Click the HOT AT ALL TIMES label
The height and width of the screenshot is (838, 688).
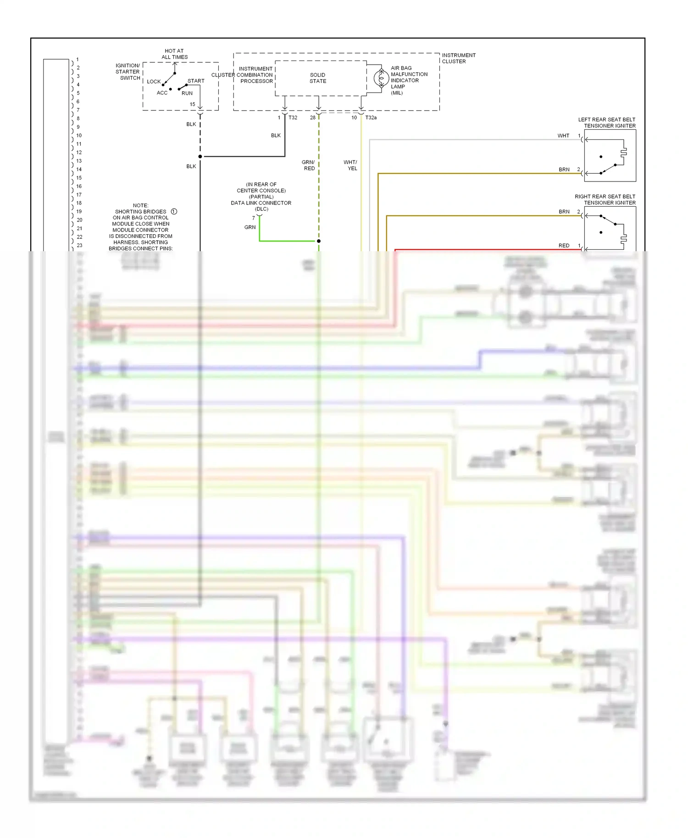(x=174, y=54)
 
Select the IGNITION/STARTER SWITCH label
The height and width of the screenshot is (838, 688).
(x=128, y=72)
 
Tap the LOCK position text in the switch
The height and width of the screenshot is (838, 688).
(x=154, y=82)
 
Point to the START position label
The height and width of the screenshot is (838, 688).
(x=196, y=81)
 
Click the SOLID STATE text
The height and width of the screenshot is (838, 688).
(x=318, y=78)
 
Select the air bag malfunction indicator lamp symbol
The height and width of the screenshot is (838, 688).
(x=381, y=78)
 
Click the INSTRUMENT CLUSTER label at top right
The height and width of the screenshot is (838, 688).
(x=458, y=58)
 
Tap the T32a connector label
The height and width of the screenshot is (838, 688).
(x=371, y=118)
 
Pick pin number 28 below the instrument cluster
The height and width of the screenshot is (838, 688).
(x=313, y=118)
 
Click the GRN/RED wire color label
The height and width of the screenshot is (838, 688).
(x=308, y=165)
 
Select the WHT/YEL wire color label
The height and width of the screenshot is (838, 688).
(x=350, y=165)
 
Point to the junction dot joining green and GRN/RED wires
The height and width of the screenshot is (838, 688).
(x=319, y=241)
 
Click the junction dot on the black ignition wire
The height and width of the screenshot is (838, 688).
(x=200, y=157)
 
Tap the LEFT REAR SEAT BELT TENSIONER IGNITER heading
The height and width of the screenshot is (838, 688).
(x=606, y=122)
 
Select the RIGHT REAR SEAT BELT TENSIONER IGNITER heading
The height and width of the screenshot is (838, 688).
(x=605, y=199)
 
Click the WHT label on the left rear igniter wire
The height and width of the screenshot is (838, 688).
(x=563, y=136)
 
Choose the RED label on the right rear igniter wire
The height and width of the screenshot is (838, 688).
(x=564, y=246)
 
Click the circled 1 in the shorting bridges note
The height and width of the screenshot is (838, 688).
(x=174, y=211)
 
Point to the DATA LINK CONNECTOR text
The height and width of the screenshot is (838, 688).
(x=261, y=203)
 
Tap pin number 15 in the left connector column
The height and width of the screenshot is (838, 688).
(x=79, y=178)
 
